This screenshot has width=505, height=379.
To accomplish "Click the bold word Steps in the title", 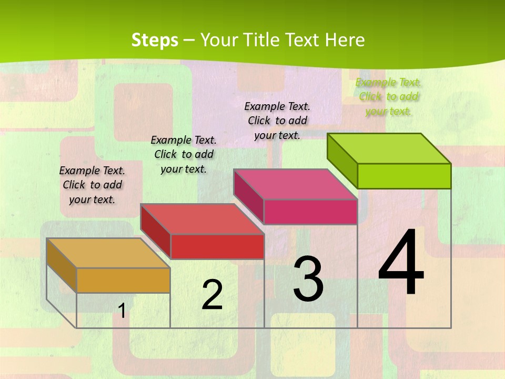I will (155, 40).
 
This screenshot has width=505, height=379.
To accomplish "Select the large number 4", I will (401, 263).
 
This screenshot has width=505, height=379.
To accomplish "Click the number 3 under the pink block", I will (308, 278).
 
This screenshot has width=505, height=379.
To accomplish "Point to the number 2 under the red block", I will (212, 295).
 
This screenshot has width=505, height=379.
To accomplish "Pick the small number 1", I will (122, 311).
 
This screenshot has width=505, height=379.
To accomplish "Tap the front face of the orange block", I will (123, 280).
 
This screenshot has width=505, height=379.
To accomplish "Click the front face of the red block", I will (217, 246).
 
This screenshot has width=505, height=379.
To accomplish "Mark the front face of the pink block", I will (310, 212).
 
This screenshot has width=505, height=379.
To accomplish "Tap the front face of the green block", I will (404, 176).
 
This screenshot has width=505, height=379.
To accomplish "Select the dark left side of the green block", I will (342, 161).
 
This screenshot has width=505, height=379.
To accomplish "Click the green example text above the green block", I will (388, 97).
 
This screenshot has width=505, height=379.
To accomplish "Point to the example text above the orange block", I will (92, 185).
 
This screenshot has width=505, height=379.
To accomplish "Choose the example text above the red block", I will (184, 154).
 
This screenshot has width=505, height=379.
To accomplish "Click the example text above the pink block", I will (277, 121).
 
